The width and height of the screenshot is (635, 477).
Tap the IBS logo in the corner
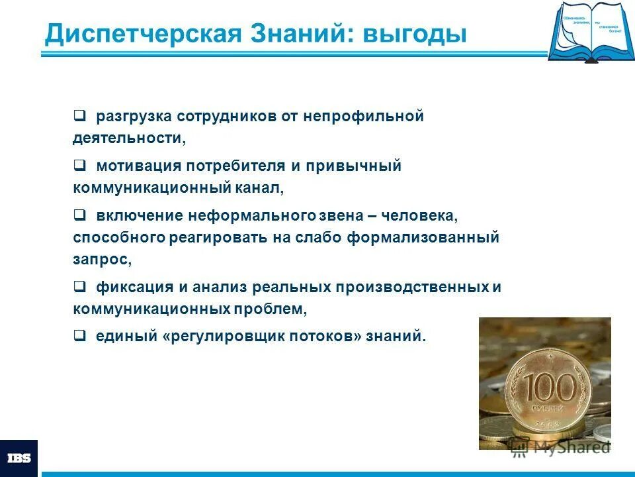pos(19,458)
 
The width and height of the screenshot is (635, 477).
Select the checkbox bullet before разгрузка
pos(79,115)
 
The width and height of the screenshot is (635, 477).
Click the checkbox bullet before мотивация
pos(79,165)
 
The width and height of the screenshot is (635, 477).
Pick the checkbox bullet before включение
pos(79,215)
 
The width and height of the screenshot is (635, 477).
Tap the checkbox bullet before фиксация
pos(79,286)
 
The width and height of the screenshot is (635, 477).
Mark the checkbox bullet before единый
pos(79,336)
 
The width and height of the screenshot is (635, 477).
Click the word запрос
pos(101,259)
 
